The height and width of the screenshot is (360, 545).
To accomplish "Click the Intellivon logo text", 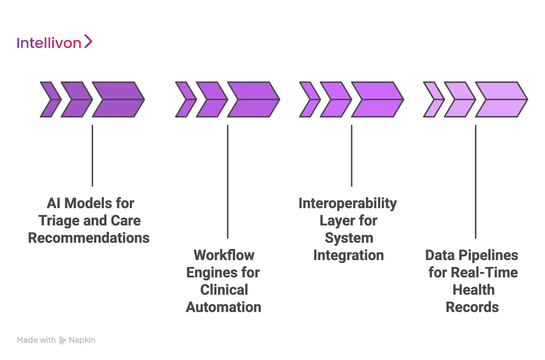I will (x=49, y=43).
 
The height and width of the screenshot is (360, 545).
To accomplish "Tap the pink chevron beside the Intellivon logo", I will (x=88, y=41).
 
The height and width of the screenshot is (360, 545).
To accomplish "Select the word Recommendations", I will (x=89, y=238).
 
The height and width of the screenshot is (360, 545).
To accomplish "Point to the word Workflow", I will (x=224, y=255).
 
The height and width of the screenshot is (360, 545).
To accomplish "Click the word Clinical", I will (x=224, y=290).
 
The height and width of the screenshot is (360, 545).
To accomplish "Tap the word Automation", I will (x=224, y=307).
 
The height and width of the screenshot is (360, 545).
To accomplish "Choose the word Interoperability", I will (x=348, y=203).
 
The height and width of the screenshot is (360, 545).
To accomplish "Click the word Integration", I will (x=348, y=255).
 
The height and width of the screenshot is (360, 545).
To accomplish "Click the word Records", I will (x=472, y=307).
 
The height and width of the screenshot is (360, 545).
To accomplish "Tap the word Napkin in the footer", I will (x=82, y=340).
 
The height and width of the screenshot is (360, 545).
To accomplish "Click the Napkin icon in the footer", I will (x=62, y=340).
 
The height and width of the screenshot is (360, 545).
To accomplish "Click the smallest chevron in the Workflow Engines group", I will (x=185, y=100).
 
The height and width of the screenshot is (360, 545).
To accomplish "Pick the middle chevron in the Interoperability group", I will (x=335, y=100).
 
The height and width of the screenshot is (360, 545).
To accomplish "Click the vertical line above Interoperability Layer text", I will (x=352, y=155).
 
